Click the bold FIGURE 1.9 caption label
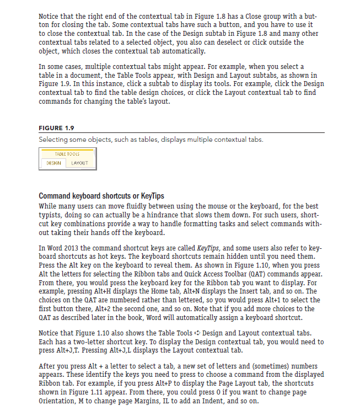point(58,129)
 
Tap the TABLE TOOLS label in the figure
point(67,154)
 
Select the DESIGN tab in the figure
point(54,163)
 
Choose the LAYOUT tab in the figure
point(80,163)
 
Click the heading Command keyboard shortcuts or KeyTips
point(101,196)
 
